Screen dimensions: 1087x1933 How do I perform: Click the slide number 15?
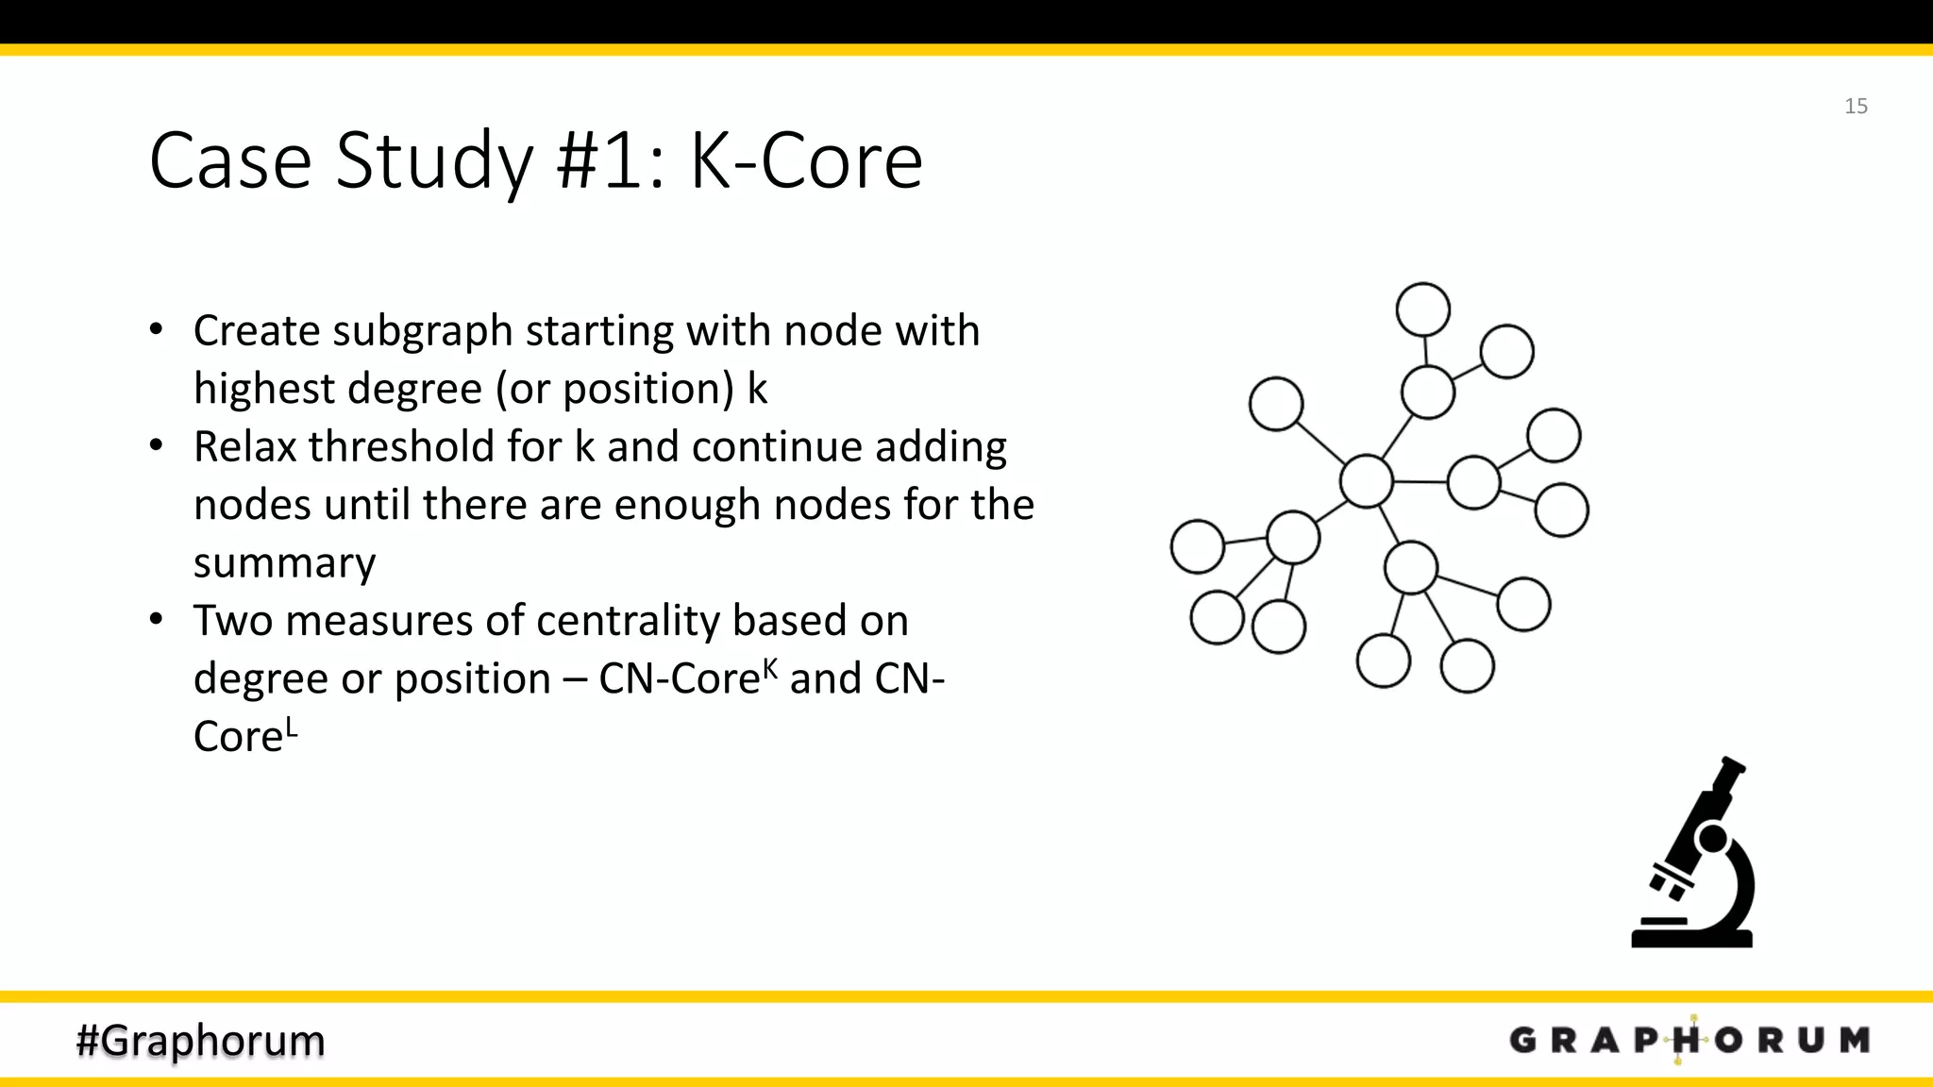click(1856, 107)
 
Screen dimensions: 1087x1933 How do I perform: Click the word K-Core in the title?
click(806, 161)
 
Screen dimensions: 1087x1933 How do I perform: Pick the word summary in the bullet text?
click(284, 564)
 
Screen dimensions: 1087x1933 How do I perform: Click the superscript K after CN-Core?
click(770, 668)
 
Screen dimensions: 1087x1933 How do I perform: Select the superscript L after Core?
click(292, 727)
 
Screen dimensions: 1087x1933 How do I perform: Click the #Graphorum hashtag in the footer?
click(200, 1040)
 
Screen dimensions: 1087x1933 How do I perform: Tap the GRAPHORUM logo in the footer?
click(1689, 1040)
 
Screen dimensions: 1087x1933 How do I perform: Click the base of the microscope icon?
click(1691, 939)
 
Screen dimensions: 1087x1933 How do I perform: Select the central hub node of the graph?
click(1366, 481)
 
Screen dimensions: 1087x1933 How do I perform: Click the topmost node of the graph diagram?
click(1422, 309)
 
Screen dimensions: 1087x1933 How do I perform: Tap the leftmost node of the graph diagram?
click(1197, 546)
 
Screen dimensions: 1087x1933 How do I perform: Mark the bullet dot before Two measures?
click(157, 620)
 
